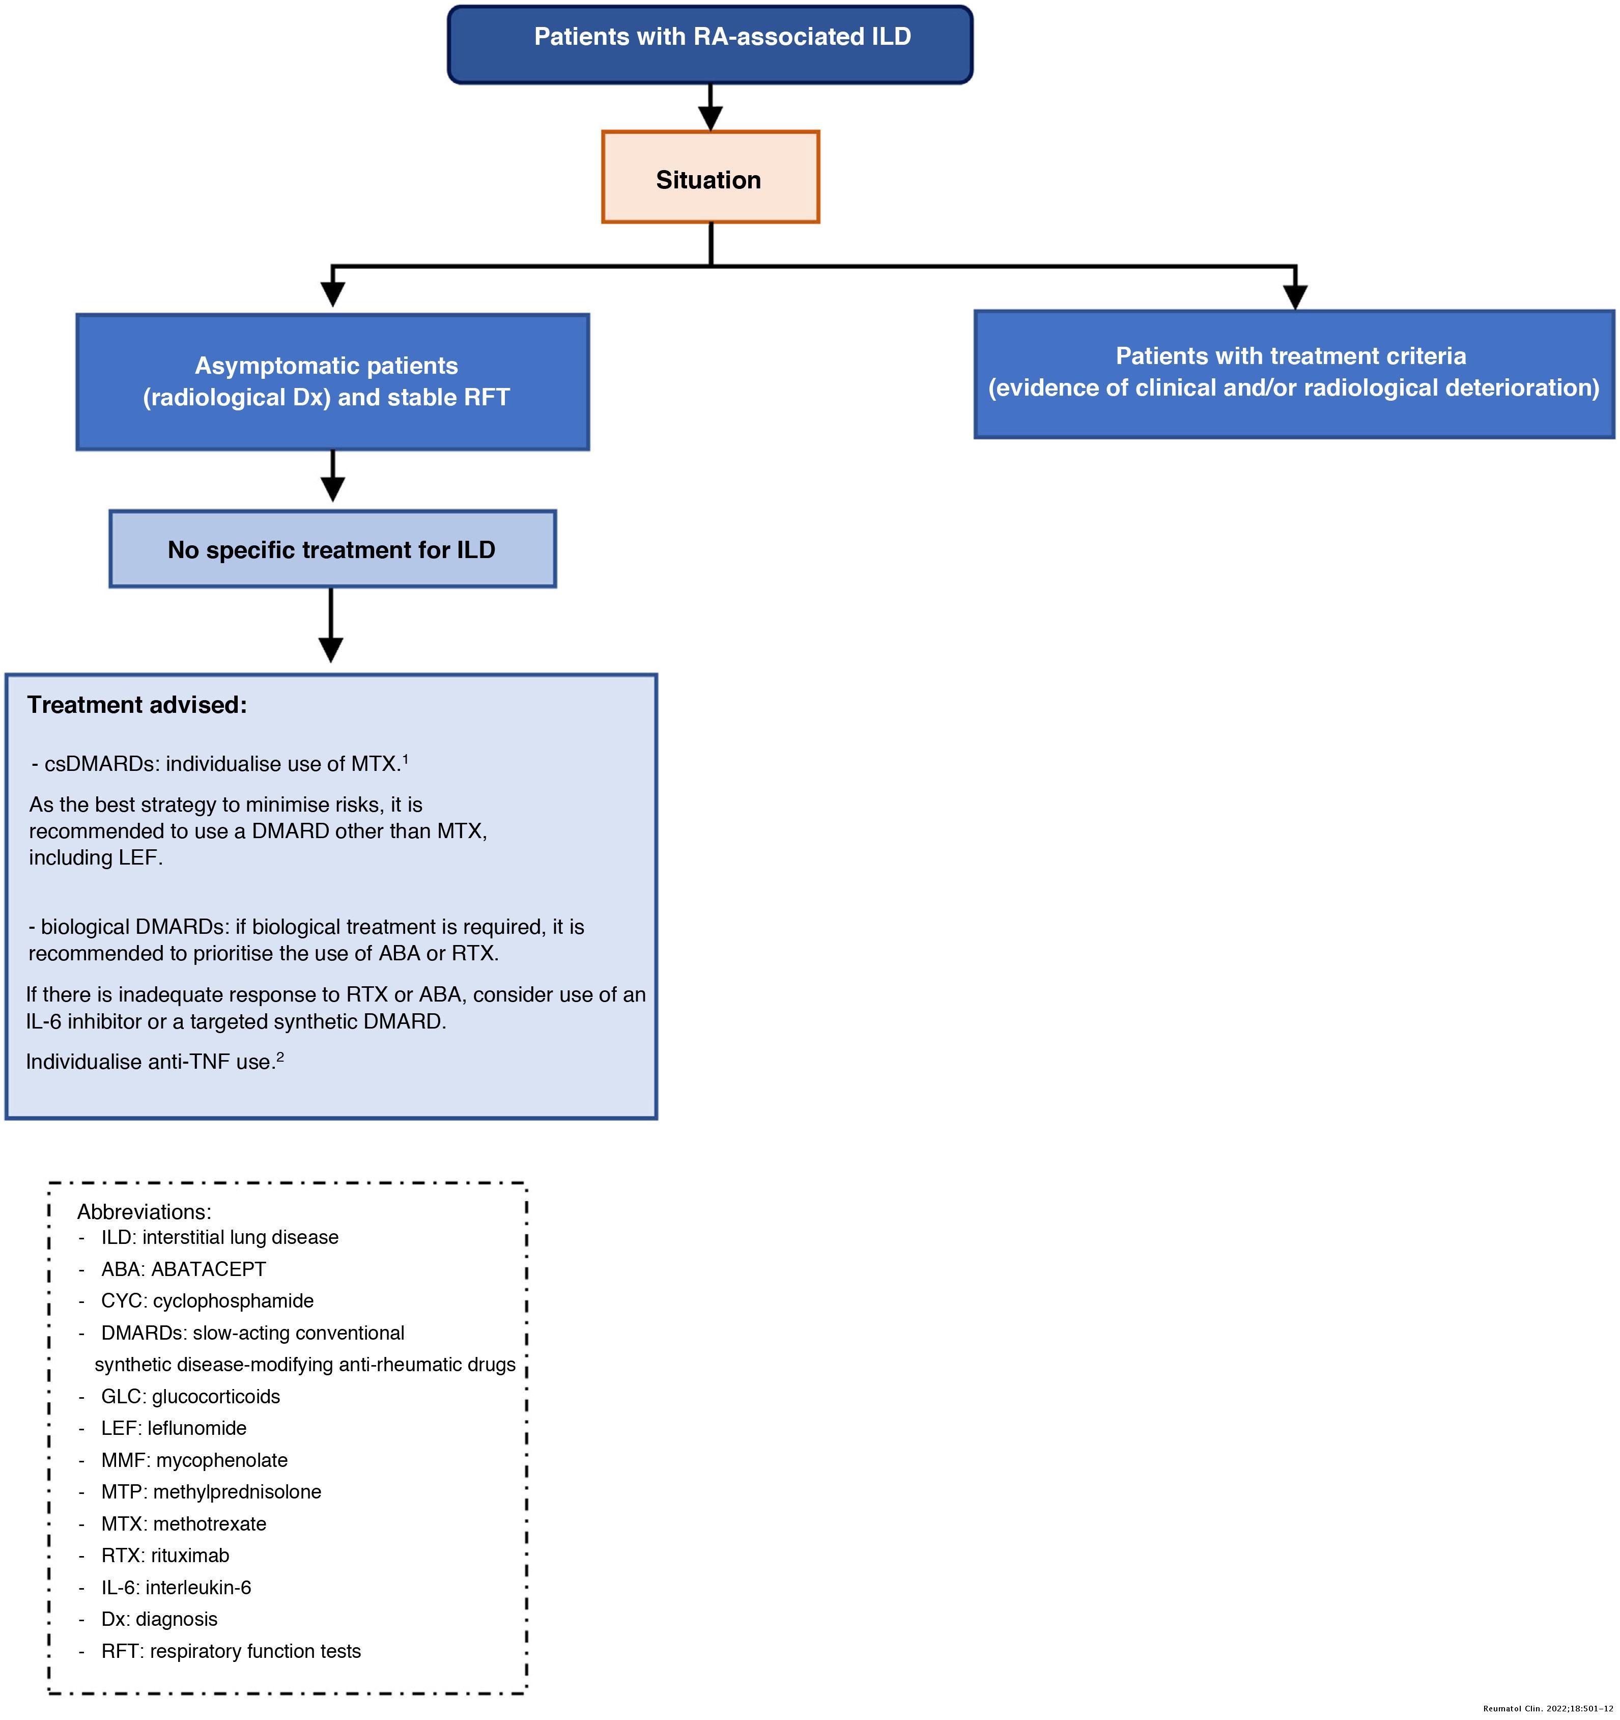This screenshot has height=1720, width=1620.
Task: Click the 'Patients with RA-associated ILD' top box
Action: pyautogui.click(x=710, y=45)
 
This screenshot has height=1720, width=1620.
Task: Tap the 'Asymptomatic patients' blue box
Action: pyautogui.click(x=332, y=381)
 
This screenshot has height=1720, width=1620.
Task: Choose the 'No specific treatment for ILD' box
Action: pyautogui.click(x=332, y=549)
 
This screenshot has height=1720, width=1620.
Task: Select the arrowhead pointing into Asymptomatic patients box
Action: pyautogui.click(x=332, y=294)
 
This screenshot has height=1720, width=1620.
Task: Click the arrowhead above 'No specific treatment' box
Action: pyautogui.click(x=332, y=489)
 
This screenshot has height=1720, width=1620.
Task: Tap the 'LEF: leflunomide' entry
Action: pyautogui.click(x=174, y=1428)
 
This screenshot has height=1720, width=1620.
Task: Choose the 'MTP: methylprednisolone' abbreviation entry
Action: pyautogui.click(x=211, y=1491)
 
